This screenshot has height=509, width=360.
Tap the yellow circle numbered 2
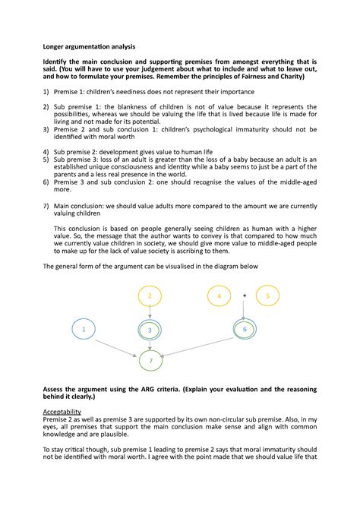[150, 296]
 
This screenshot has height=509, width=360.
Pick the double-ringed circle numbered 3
[150, 330]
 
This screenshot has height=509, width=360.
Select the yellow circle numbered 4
[219, 296]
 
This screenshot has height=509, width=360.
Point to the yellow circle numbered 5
[268, 296]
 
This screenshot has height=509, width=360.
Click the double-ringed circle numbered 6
[245, 329]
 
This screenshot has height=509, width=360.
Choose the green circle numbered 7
[150, 362]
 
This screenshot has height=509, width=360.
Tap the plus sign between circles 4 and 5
[245, 295]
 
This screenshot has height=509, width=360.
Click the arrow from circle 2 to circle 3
[150, 312]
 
